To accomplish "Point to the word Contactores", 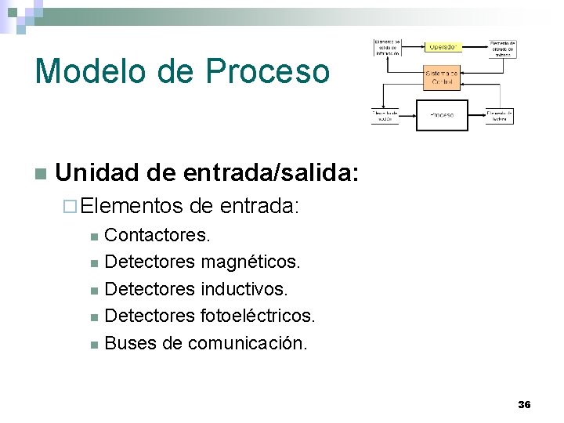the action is click(157, 235).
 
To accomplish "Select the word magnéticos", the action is click(251, 262).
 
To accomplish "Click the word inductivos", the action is click(244, 289).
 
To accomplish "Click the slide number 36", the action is click(524, 404).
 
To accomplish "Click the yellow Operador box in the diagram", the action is click(443, 47).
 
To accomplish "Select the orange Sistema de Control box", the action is click(442, 78).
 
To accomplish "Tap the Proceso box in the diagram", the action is click(442, 115).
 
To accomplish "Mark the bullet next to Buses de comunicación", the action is click(93, 344).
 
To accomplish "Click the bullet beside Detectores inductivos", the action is click(93, 290).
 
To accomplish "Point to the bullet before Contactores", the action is click(93, 236).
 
